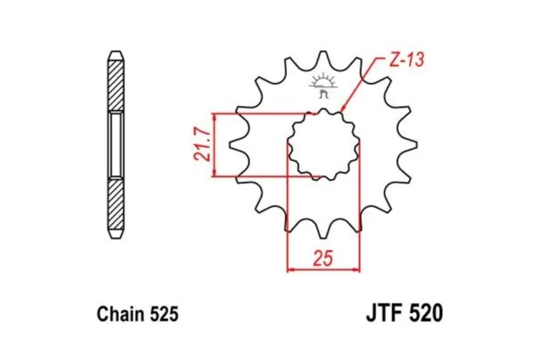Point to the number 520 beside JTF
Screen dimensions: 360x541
coord(425,314)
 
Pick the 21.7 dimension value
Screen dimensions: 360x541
coord(201,145)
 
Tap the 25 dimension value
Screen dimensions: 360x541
coord(323,258)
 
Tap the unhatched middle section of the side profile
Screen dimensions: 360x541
coord(114,144)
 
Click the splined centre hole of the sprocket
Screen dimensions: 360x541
coord(323,144)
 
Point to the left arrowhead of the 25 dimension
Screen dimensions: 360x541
coord(291,269)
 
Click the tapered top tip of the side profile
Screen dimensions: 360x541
coord(114,54)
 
